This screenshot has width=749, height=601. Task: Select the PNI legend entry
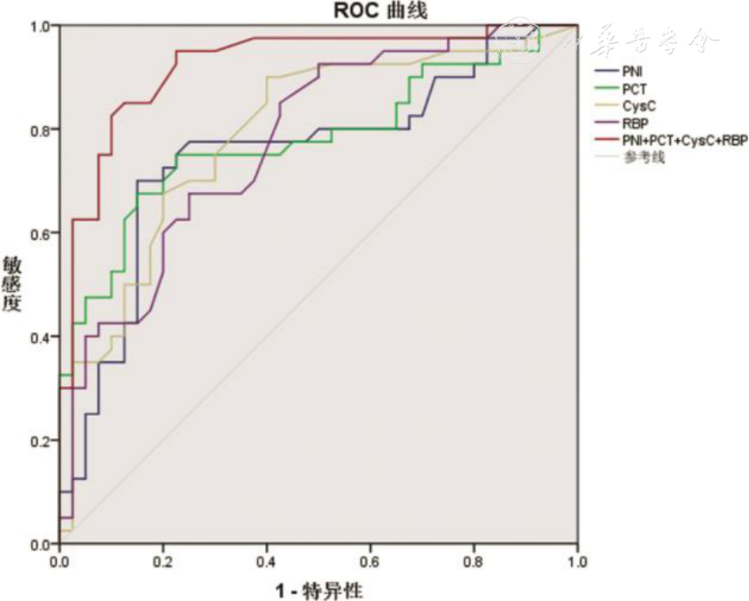point(633,71)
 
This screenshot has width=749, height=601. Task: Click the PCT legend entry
point(634,89)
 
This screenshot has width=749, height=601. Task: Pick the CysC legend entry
point(638,106)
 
